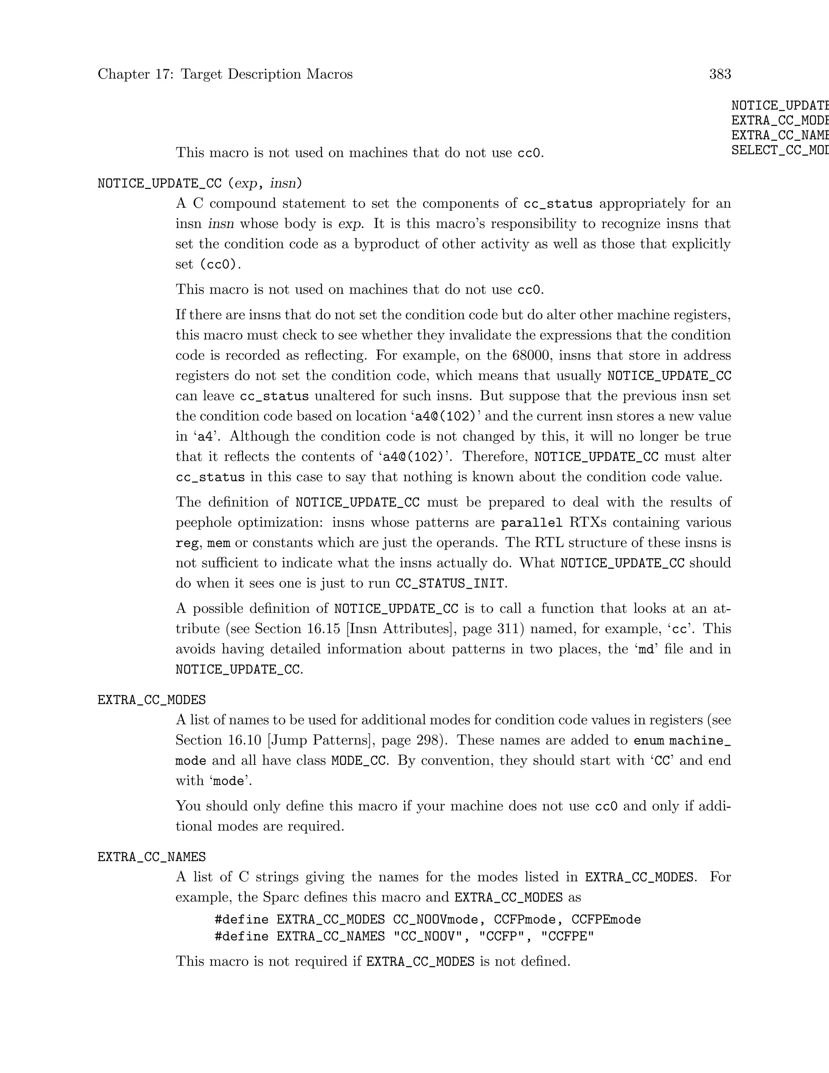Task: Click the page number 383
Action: pos(720,74)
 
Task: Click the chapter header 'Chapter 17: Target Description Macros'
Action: pos(225,74)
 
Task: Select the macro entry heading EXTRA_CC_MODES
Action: pos(151,700)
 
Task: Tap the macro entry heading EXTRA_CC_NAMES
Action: pos(151,857)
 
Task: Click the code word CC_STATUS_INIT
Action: pos(449,583)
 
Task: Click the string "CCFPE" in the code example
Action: pos(567,937)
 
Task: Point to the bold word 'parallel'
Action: pos(531,523)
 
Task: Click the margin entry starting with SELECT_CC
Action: pos(780,150)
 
